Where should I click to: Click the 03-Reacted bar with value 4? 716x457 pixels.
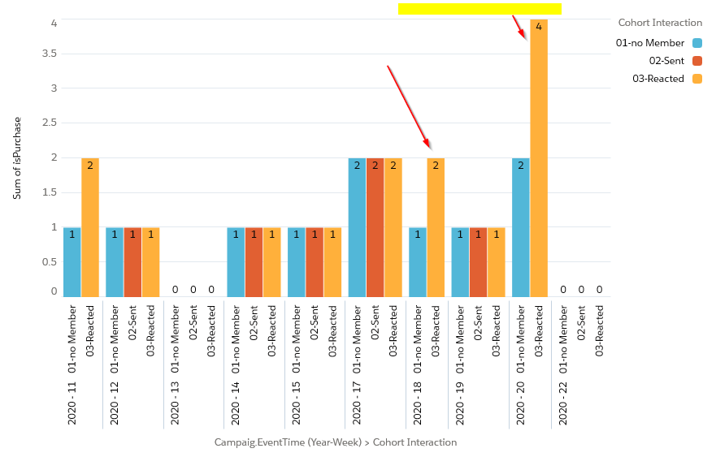(538, 158)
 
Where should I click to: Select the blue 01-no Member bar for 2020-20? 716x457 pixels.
(520, 227)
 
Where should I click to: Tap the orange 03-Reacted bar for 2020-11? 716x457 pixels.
(90, 227)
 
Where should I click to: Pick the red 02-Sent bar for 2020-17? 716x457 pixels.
(375, 227)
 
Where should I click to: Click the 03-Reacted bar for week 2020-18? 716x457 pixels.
(436, 227)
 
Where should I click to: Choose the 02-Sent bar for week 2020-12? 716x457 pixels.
(132, 262)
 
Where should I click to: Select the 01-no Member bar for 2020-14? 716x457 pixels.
(235, 262)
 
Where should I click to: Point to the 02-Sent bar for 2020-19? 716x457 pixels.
(478, 262)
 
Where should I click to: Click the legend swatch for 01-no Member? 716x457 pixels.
(697, 43)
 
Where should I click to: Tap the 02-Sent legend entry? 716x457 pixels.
(666, 61)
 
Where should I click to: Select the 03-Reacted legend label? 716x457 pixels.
(658, 79)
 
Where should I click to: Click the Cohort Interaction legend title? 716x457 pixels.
(660, 23)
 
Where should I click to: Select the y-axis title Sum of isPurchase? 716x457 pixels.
(17, 158)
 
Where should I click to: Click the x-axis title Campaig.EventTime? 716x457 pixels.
(335, 442)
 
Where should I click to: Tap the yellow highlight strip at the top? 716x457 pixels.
(480, 9)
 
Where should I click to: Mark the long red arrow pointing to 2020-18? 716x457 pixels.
(408, 106)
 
